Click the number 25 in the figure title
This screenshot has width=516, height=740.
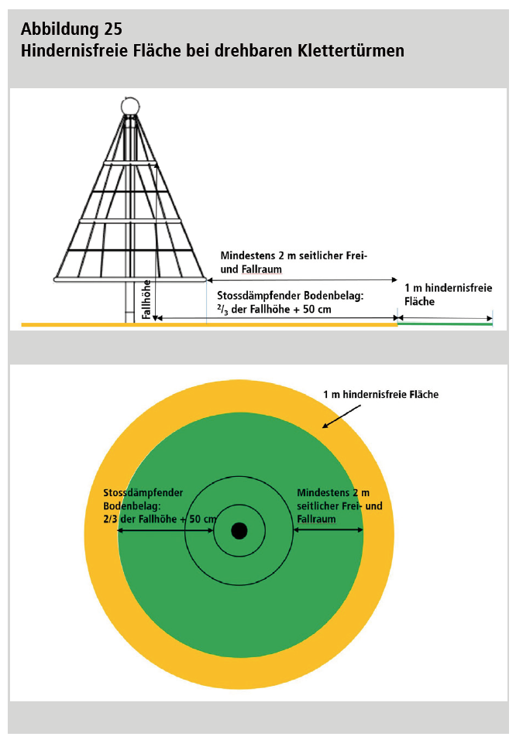click(112, 29)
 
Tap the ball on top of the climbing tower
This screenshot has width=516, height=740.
click(130, 105)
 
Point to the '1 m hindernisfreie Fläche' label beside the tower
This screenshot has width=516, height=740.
click(448, 294)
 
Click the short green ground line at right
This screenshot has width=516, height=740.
click(445, 324)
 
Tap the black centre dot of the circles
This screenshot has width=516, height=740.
click(239, 531)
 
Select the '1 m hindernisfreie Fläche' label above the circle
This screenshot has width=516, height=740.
click(380, 395)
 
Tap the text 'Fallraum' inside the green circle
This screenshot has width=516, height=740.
click(316, 519)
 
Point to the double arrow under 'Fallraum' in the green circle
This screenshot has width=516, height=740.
click(328, 530)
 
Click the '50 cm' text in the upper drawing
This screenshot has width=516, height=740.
click(315, 310)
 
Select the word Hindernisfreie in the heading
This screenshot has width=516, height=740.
click(69, 51)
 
